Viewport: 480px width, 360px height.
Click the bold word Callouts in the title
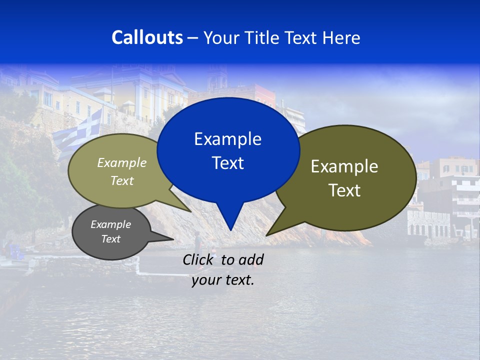147,37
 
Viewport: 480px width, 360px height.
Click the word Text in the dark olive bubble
344,190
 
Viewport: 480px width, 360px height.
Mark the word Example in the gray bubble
110,224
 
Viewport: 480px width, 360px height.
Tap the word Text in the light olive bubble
122,180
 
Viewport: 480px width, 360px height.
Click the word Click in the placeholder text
199,259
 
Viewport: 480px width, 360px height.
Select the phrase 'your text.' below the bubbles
223,280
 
